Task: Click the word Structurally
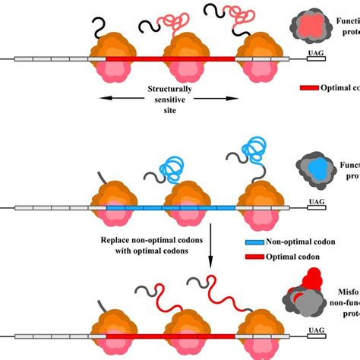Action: [171, 89]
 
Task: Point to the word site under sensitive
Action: [171, 110]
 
